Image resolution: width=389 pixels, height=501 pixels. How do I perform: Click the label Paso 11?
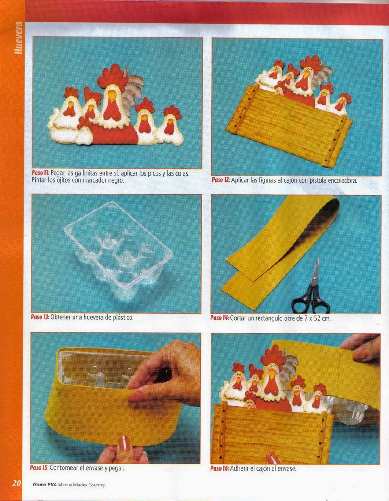(x=41, y=173)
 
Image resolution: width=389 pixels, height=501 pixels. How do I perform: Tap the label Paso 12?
(x=221, y=180)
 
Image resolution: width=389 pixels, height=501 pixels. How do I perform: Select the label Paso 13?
(x=40, y=317)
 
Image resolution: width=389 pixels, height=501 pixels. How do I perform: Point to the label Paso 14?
(x=219, y=318)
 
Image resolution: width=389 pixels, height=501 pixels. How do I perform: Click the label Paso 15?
(x=39, y=467)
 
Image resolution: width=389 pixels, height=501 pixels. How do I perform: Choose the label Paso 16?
(x=219, y=468)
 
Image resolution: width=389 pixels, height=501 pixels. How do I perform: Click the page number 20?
(x=17, y=482)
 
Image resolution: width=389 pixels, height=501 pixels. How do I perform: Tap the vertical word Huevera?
(x=19, y=38)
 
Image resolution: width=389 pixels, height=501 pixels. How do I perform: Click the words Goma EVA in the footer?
(x=44, y=485)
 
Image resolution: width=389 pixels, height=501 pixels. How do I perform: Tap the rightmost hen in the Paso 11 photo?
(x=169, y=126)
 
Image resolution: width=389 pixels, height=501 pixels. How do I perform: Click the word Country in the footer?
(x=96, y=485)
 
